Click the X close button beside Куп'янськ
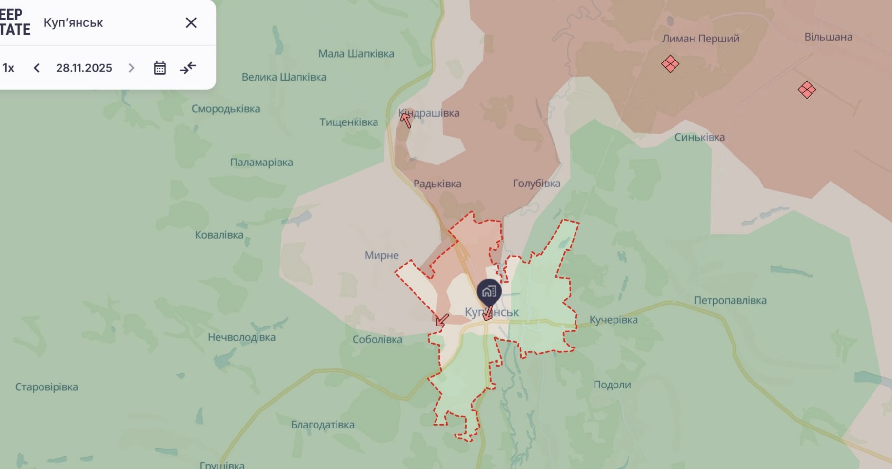tap(191, 23)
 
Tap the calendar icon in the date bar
tap(160, 68)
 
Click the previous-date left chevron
tap(37, 68)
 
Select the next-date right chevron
tap(131, 68)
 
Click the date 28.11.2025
tap(84, 68)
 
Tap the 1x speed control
tap(8, 68)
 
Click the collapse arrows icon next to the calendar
tap(188, 68)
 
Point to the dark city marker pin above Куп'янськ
tap(489, 292)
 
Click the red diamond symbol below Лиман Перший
tap(670, 64)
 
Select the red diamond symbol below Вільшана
tap(807, 90)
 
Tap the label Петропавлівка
tap(730, 300)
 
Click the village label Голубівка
tap(536, 184)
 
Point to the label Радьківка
tap(437, 184)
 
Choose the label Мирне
tap(381, 255)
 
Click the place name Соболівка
tap(377, 339)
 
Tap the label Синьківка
tap(699, 137)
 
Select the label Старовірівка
tap(46, 387)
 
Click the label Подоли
tap(612, 385)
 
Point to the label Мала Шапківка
tap(356, 54)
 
